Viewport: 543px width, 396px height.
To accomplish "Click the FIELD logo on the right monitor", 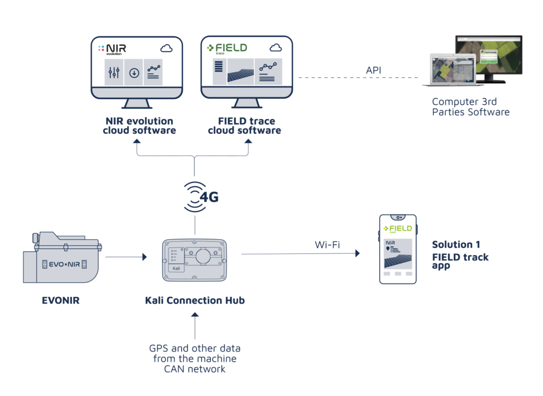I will click(x=227, y=48).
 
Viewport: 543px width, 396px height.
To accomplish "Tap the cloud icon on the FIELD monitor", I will click(x=276, y=48).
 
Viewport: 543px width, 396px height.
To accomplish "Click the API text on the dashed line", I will click(x=373, y=71).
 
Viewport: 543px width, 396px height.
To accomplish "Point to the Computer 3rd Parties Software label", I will click(x=470, y=107).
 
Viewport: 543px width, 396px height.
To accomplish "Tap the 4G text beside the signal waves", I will click(x=209, y=197).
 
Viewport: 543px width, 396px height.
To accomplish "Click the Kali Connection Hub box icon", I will click(x=195, y=260).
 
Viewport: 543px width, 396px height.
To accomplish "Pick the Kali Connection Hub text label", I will click(x=195, y=300).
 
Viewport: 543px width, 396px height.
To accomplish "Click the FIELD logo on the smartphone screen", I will click(x=398, y=229).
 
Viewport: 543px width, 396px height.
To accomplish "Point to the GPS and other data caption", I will click(x=195, y=358).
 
